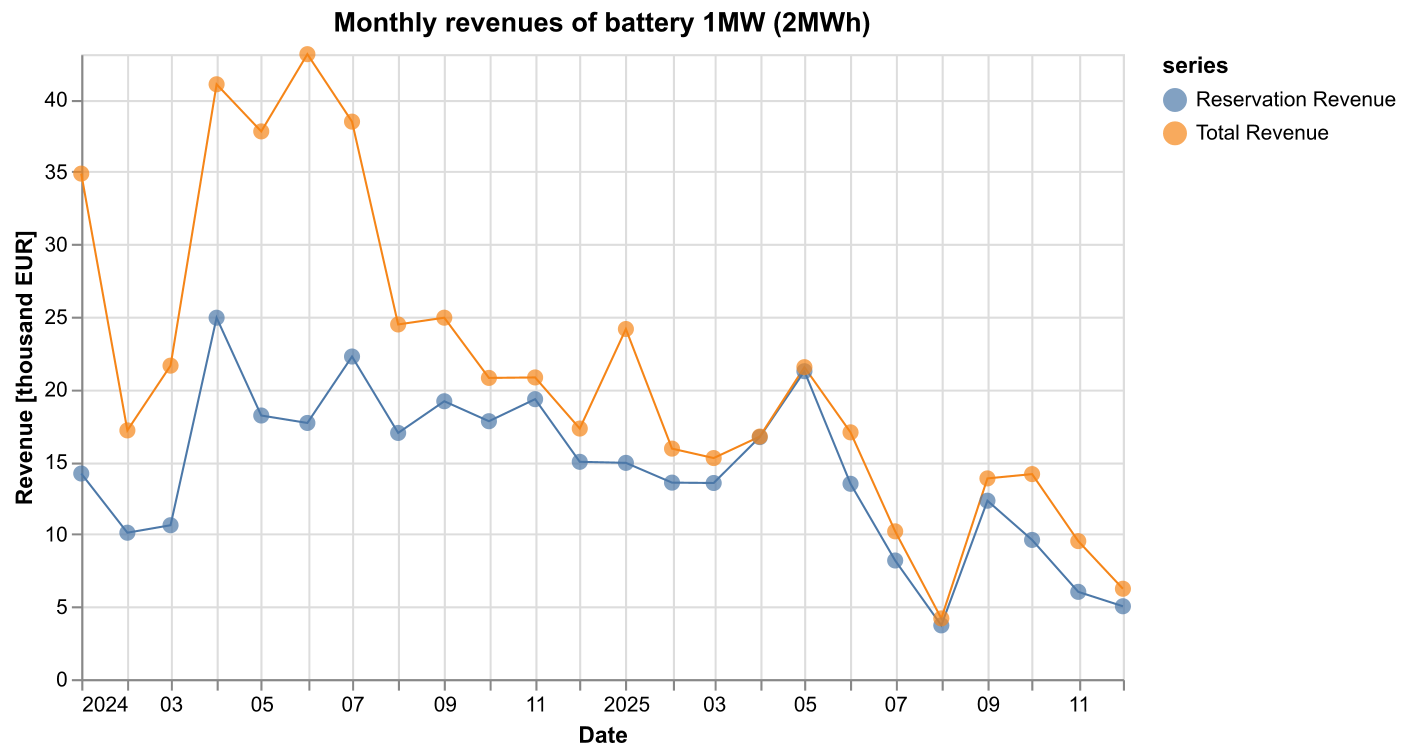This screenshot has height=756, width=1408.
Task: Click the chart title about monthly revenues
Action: (x=602, y=23)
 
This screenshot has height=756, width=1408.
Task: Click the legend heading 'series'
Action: (x=1195, y=66)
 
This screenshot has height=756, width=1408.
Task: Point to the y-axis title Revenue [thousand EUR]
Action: (x=24, y=367)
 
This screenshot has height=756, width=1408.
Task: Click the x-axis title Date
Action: (x=602, y=735)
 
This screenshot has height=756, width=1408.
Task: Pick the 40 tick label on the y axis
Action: (x=60, y=101)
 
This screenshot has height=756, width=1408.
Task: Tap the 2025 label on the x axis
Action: (x=626, y=705)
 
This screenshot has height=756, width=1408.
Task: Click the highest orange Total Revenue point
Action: (x=307, y=54)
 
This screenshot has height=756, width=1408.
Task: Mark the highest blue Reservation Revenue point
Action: (x=216, y=317)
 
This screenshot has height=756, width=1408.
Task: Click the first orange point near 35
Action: (x=81, y=174)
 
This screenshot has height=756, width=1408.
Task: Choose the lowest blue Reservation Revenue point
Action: (x=941, y=625)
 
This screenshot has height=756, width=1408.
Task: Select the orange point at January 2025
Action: (x=626, y=329)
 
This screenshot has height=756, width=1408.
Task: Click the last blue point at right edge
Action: (x=1122, y=606)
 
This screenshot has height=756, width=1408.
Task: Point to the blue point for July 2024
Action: (x=352, y=356)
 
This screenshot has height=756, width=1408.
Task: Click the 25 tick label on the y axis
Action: (x=60, y=317)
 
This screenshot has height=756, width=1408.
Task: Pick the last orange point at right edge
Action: (x=1122, y=588)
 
